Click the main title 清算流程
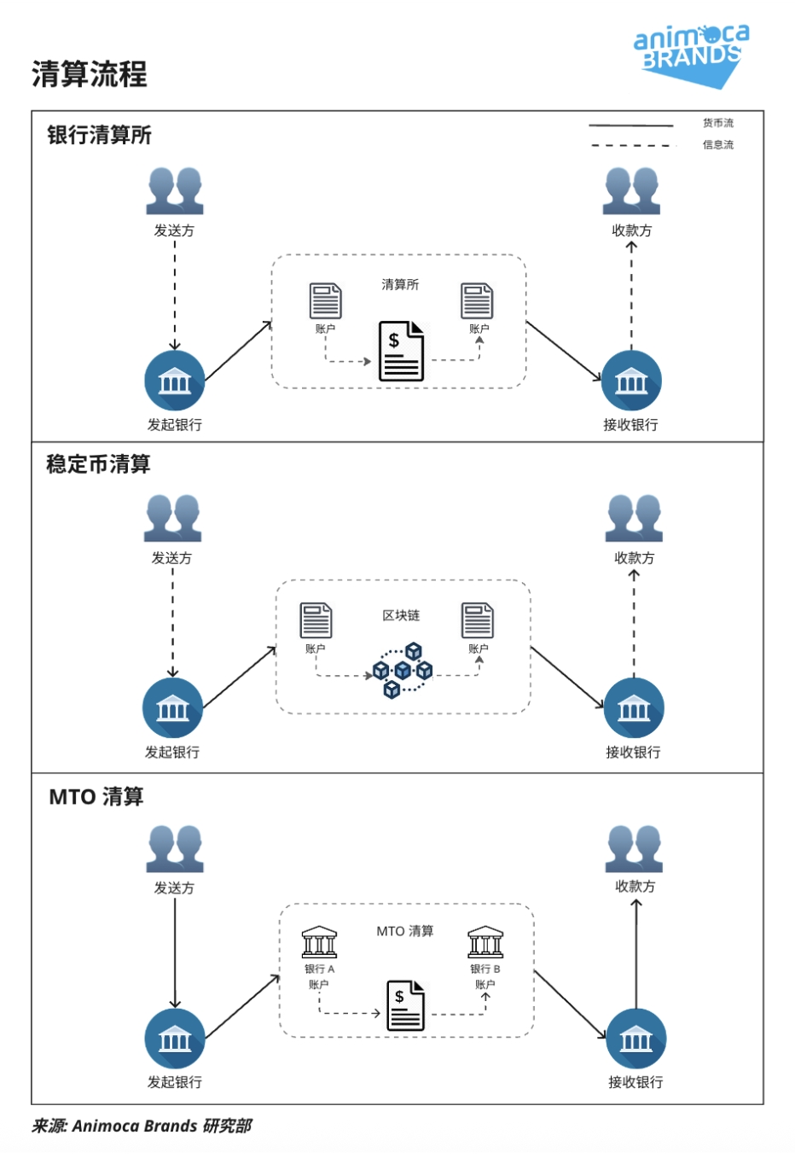click(x=90, y=74)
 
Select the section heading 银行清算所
click(x=99, y=135)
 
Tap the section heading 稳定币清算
click(x=98, y=464)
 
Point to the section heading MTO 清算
click(x=96, y=796)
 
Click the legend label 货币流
click(x=717, y=123)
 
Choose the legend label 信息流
click(x=717, y=145)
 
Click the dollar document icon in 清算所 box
click(x=401, y=351)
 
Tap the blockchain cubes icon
click(x=403, y=671)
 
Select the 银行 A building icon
click(x=320, y=942)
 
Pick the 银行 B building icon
click(x=485, y=942)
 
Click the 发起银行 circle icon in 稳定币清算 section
click(x=172, y=708)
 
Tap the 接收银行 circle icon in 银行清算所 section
click(x=631, y=381)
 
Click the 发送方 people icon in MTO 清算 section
click(x=175, y=848)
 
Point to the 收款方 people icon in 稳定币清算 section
click(x=634, y=518)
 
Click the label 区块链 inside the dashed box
click(x=401, y=615)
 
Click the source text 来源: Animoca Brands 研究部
click(x=142, y=1126)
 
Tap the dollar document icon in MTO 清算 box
click(x=405, y=1005)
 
